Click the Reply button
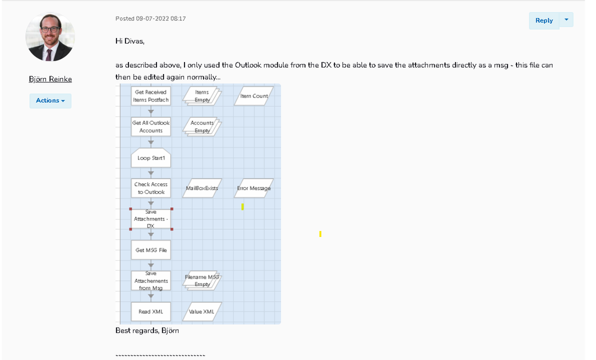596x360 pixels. click(543, 20)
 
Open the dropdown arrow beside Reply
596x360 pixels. click(566, 20)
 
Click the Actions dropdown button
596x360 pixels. click(50, 100)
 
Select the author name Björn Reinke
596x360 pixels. click(50, 79)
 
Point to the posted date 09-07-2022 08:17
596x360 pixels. click(150, 19)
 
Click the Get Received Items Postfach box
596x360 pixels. click(150, 96)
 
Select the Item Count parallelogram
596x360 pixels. click(254, 96)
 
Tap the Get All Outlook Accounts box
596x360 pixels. click(150, 127)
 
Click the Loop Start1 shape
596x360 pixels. click(150, 158)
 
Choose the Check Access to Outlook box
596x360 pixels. click(150, 188)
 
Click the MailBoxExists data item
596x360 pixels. click(202, 188)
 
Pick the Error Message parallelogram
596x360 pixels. click(254, 188)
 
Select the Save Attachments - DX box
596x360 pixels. click(150, 219)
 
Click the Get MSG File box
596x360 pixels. click(150, 250)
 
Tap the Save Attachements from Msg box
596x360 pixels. click(150, 281)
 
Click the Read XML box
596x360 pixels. click(150, 312)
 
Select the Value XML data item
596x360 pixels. click(202, 312)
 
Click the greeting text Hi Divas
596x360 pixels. click(130, 41)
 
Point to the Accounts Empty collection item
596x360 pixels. click(202, 127)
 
